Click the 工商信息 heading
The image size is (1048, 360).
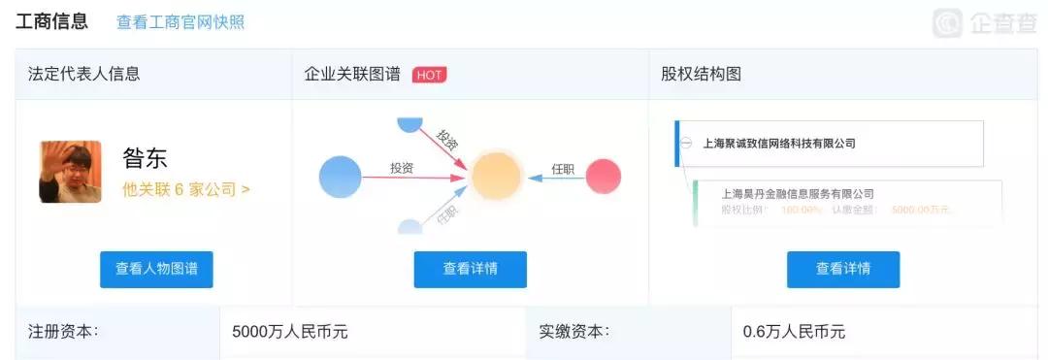pos(51,21)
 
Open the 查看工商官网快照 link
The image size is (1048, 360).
pos(180,22)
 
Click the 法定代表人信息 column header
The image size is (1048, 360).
pos(84,74)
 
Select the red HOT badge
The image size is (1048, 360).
pos(429,75)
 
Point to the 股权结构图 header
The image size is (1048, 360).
pos(701,74)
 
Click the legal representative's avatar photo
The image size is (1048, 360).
pos(70,172)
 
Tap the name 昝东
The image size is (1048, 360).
pos(146,158)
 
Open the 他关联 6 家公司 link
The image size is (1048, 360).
pos(185,189)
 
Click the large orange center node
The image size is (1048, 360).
pos(497,177)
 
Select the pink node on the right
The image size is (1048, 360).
pos(604,177)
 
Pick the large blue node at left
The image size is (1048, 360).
pos(340,177)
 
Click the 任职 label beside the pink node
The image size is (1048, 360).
pos(563,169)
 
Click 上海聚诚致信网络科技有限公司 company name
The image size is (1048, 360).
pos(779,144)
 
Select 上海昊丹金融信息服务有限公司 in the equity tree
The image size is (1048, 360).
pos(798,194)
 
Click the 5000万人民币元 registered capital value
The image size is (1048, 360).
pos(289,332)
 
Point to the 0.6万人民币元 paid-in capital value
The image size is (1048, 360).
pos(794,332)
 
